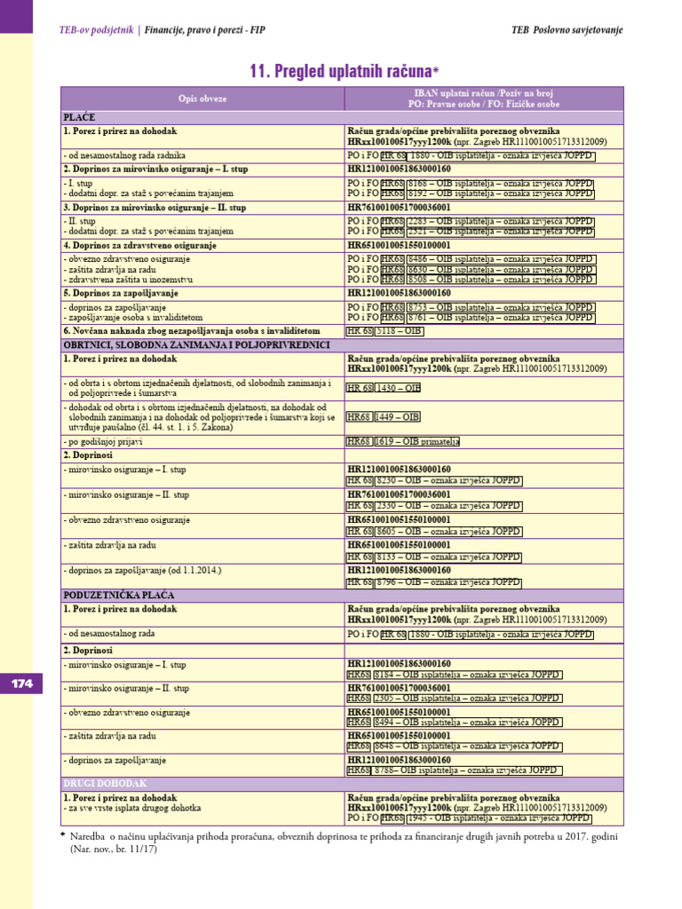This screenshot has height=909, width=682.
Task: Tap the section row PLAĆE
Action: [x=79, y=117]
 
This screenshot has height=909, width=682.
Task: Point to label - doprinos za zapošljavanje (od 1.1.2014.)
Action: [x=141, y=569]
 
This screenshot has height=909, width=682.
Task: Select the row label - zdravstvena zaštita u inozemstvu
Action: [x=141, y=279]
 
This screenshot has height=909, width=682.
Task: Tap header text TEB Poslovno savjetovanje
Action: [x=567, y=30]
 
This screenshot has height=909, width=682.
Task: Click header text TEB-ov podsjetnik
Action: [x=95, y=30]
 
